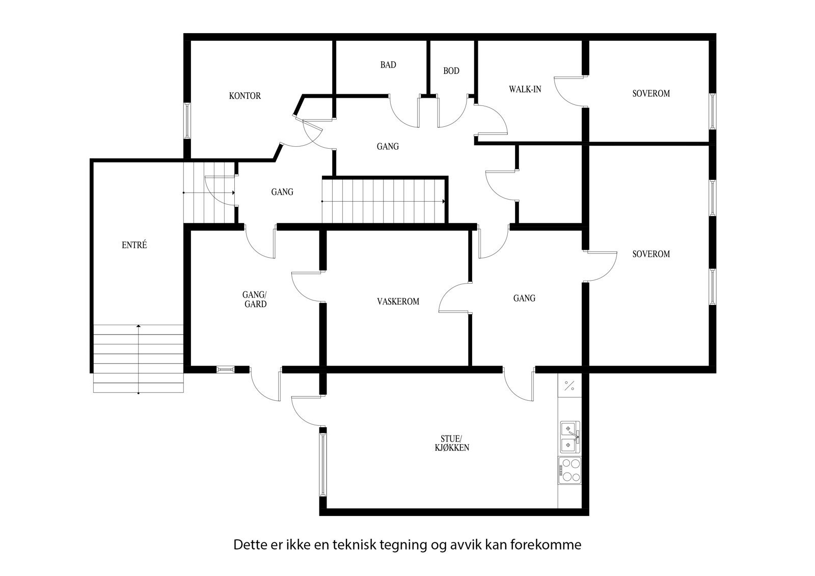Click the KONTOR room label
point(244,96)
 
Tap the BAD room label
point(388,65)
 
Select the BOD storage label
point(451,71)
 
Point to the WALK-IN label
point(525,89)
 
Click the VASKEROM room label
point(398,301)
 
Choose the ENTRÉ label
point(134,245)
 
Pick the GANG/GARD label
point(255,299)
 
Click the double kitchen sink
point(569,437)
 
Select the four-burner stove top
point(569,470)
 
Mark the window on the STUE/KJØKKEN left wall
point(322,463)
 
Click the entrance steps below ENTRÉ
point(138,359)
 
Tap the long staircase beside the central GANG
point(383,201)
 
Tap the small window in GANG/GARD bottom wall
point(225,369)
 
